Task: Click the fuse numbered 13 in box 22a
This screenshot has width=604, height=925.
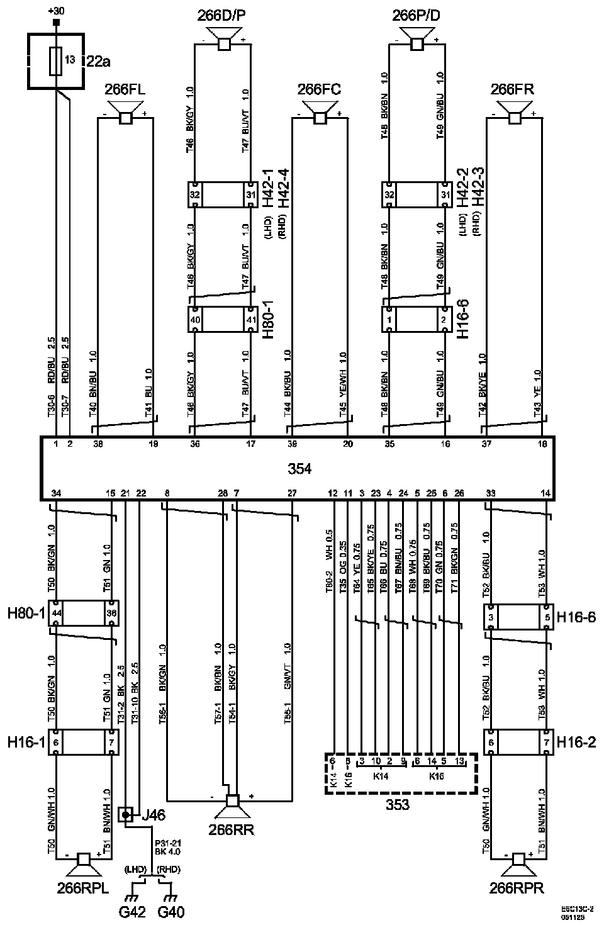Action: (x=57, y=60)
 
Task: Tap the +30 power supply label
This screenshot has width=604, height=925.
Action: (x=56, y=11)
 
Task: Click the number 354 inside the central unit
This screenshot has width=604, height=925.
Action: (x=299, y=469)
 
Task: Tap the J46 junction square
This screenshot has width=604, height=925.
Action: (x=126, y=816)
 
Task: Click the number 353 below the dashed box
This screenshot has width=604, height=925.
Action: (x=398, y=805)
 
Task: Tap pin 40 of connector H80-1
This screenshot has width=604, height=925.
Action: (x=196, y=320)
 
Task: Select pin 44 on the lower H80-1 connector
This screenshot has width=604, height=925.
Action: (x=57, y=613)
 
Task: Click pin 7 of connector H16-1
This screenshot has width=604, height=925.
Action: (x=111, y=743)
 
